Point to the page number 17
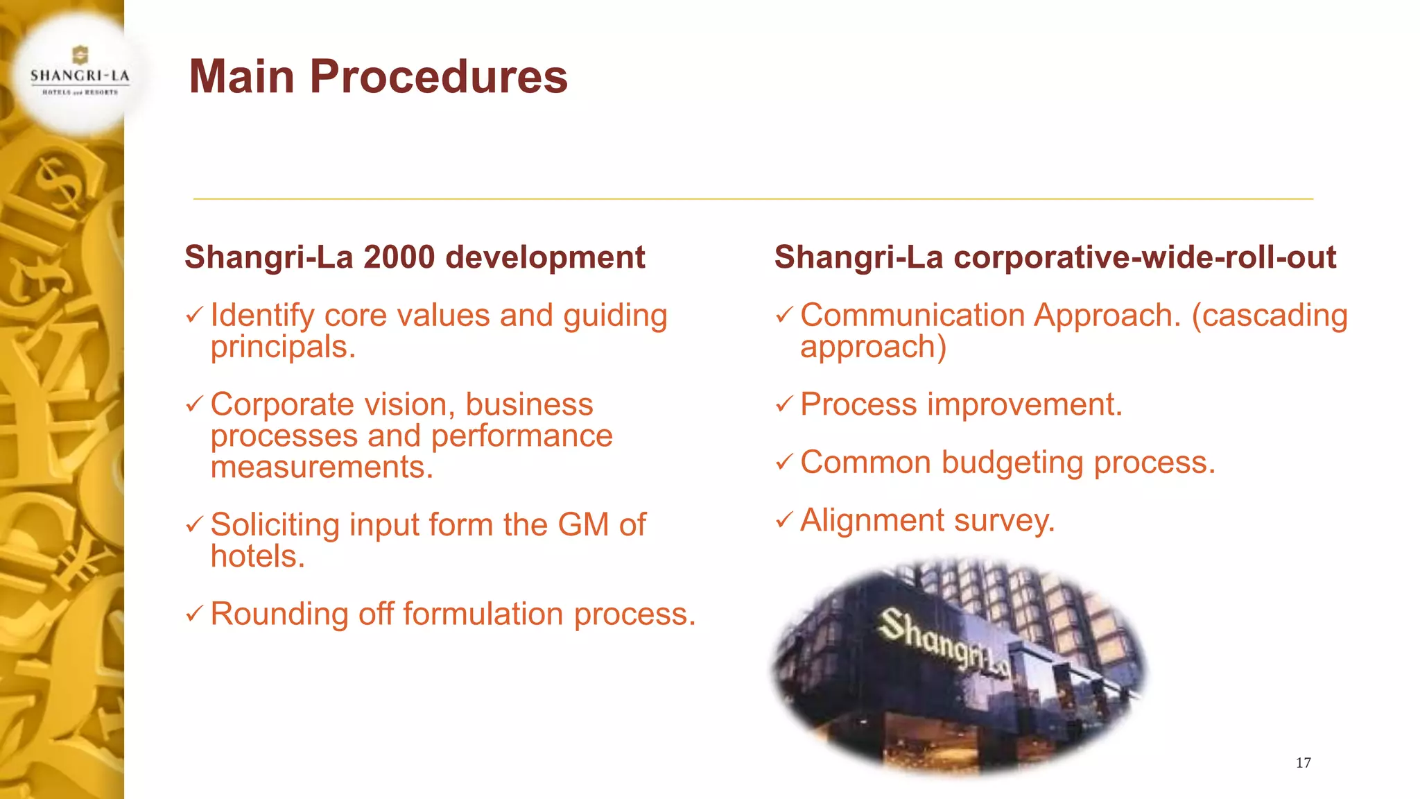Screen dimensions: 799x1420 click(x=1303, y=763)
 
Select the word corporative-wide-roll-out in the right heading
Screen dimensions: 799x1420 click(x=1145, y=257)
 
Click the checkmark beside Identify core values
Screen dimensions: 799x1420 click(x=195, y=316)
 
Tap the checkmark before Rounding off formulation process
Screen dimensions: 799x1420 click(x=195, y=614)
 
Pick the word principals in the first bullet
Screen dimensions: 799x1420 click(x=282, y=347)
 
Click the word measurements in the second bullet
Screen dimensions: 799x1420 click(x=321, y=467)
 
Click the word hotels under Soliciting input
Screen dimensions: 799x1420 click(x=257, y=556)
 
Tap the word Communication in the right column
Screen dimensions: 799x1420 click(x=912, y=316)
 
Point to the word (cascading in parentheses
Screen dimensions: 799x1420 click(x=1270, y=316)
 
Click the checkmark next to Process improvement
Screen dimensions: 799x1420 click(x=784, y=404)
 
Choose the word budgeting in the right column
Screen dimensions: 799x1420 click(x=1012, y=463)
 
